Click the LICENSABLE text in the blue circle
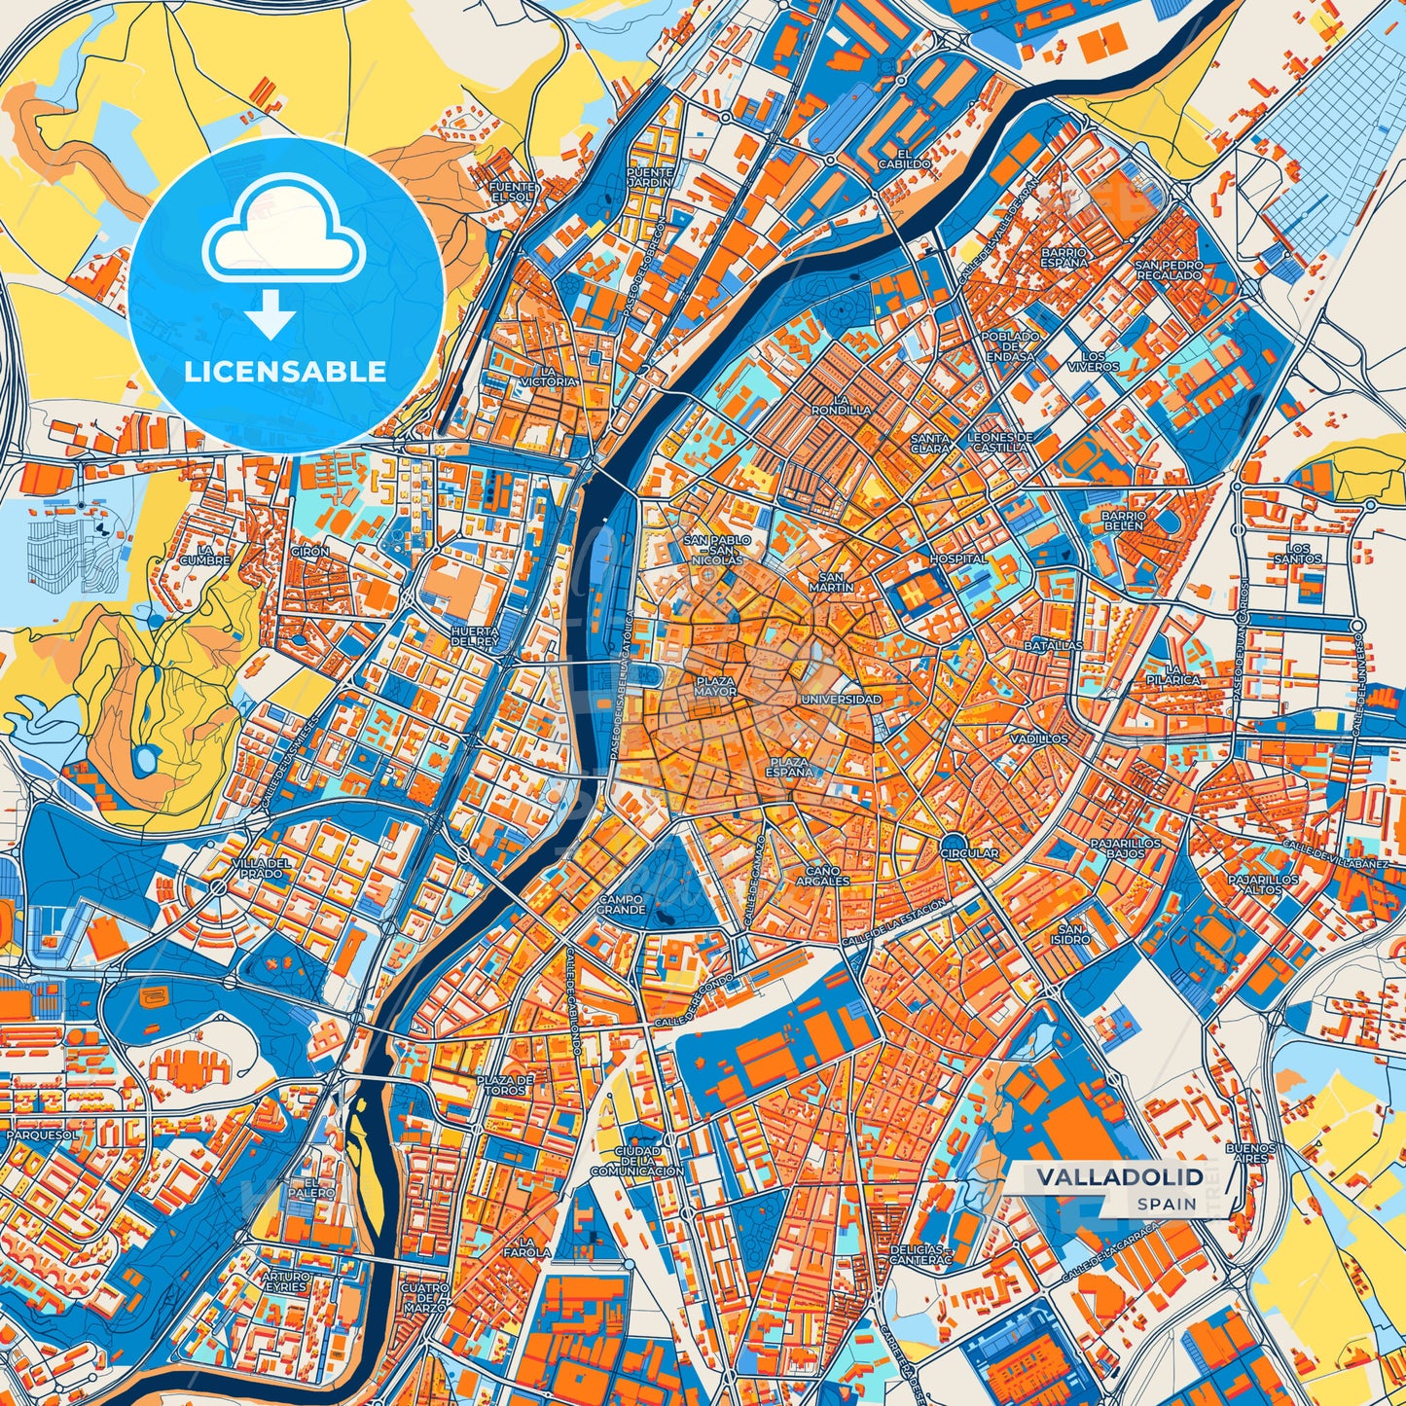(x=286, y=372)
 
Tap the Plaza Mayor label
(x=715, y=686)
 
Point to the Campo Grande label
(x=621, y=904)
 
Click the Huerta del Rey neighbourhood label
(x=475, y=636)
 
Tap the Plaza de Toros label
(x=505, y=1085)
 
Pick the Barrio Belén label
(x=1124, y=521)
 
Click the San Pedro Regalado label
(x=1169, y=270)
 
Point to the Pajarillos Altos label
(x=1263, y=883)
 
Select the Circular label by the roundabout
(x=969, y=853)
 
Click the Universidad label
(x=841, y=700)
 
